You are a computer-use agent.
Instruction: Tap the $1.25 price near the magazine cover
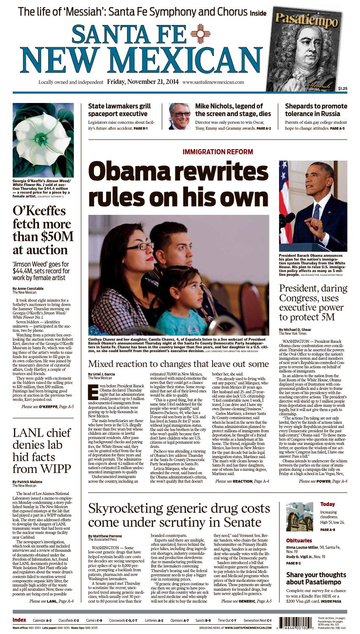point(342,88)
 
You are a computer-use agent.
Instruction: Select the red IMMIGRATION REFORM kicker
point(218,152)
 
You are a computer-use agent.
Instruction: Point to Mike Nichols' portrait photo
point(179,116)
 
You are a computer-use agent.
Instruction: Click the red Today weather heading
point(327,504)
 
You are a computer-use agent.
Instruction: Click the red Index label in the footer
point(19,620)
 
